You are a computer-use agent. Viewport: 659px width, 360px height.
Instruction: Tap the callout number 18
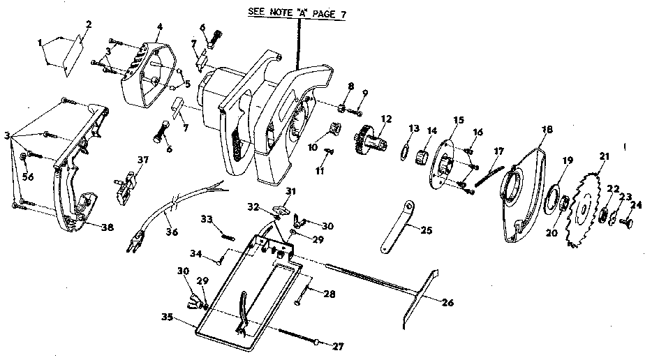pos(547,129)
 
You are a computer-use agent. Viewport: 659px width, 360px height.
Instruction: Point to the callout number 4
pos(159,27)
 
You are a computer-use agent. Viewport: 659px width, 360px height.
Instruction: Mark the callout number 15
pos(457,119)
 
